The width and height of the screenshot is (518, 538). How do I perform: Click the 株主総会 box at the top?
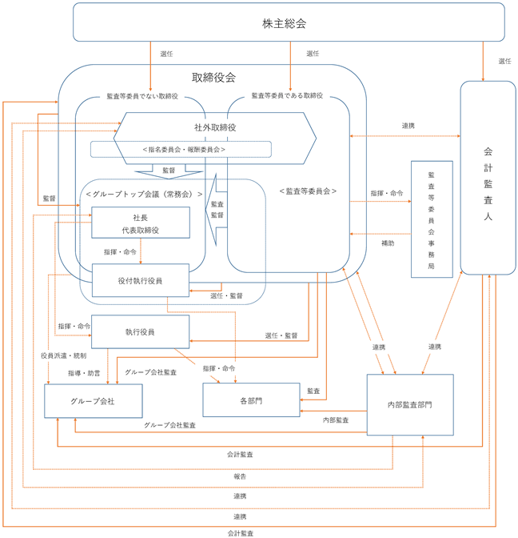click(289, 22)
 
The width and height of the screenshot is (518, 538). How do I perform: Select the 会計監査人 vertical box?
click(488, 178)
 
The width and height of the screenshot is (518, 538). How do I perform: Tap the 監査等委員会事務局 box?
click(432, 219)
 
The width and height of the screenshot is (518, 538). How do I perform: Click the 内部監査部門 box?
click(410, 405)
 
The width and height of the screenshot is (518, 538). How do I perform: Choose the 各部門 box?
click(251, 400)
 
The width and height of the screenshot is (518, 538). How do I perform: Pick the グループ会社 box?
click(94, 401)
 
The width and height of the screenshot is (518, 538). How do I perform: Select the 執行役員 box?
click(140, 331)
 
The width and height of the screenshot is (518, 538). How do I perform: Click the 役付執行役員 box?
click(141, 280)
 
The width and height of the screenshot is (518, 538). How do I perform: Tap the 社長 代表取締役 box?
click(141, 223)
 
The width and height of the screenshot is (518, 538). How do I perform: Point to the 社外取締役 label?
click(215, 127)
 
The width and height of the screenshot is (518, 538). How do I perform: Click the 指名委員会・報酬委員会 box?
click(181, 149)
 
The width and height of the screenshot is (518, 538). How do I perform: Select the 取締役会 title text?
click(213, 78)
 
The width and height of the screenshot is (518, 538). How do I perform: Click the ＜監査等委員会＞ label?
click(308, 191)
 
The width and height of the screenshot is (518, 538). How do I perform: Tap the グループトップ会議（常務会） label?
click(144, 195)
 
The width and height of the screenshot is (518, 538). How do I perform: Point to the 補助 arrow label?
click(388, 243)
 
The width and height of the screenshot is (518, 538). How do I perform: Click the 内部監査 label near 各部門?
click(336, 420)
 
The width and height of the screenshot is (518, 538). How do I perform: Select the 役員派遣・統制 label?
click(64, 355)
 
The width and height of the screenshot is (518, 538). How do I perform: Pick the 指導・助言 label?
click(84, 373)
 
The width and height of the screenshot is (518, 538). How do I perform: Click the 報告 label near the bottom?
click(240, 476)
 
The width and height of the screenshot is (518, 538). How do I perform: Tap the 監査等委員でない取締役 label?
click(142, 96)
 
